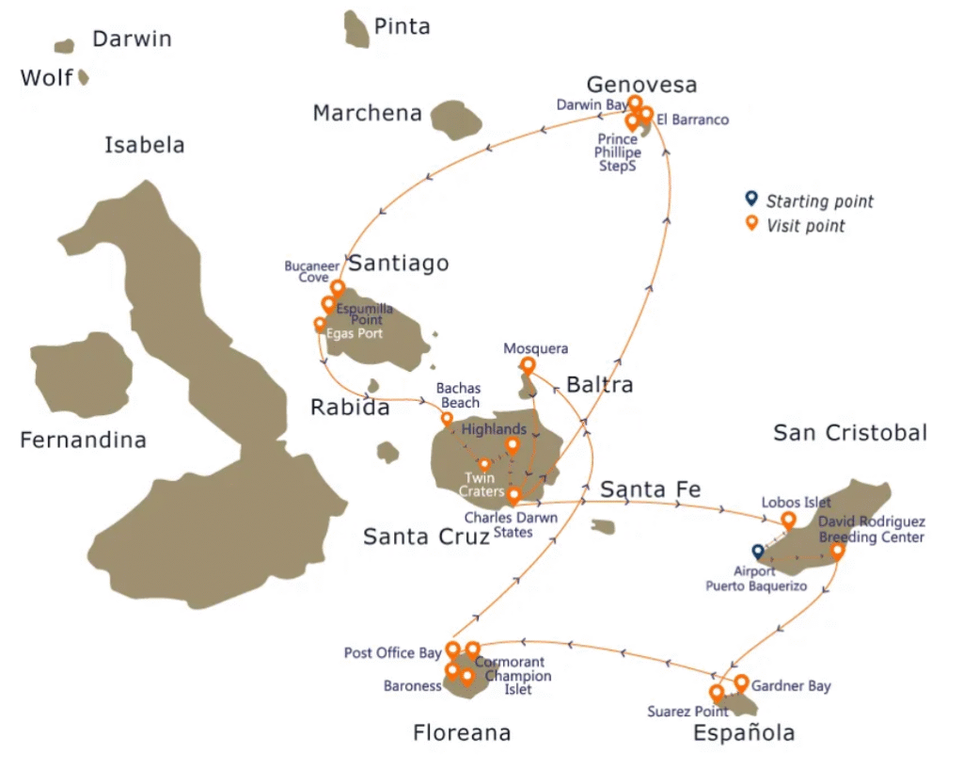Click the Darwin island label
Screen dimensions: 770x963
tap(132, 39)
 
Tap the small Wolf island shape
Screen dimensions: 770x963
tap(83, 77)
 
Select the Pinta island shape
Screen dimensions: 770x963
tap(355, 29)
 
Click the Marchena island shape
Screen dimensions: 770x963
tap(456, 118)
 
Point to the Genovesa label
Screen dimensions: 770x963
tap(641, 85)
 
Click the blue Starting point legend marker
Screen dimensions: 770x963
tap(750, 199)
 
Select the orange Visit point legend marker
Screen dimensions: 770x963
tap(750, 223)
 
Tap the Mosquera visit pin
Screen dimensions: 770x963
tap(529, 364)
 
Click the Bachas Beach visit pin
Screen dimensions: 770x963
tap(447, 418)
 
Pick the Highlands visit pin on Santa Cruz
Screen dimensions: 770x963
tap(513, 444)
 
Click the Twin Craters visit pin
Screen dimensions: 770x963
tap(484, 463)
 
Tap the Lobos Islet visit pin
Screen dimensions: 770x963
tap(788, 519)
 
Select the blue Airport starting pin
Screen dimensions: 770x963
tap(757, 551)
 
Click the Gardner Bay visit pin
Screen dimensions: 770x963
tap(741, 682)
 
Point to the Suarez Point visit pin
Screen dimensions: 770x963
tap(717, 693)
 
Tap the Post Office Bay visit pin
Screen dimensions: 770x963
tap(452, 649)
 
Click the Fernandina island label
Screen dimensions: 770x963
tap(83, 440)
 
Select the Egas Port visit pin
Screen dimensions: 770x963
tap(320, 324)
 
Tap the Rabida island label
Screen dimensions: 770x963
tap(350, 408)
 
